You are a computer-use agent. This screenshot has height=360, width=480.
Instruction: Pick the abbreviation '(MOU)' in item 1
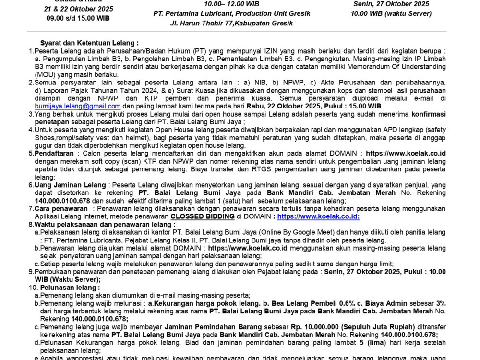click(45, 75)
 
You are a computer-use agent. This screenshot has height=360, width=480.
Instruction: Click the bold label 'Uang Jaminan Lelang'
click(70, 185)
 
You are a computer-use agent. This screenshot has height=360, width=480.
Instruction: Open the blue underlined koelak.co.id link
click(318, 216)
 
